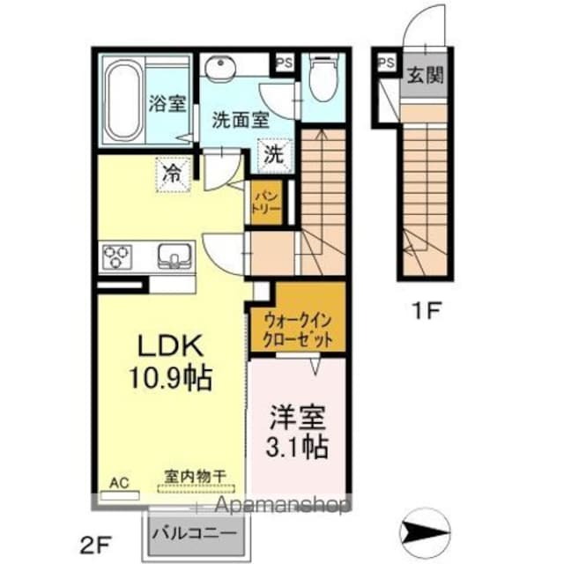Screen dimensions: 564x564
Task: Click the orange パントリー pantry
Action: [x=268, y=203]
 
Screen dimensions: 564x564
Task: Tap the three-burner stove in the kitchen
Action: [x=115, y=257]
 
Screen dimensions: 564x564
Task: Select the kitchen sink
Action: [x=174, y=256]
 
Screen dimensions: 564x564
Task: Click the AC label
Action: [x=118, y=482]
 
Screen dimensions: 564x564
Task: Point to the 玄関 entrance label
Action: [x=424, y=75]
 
